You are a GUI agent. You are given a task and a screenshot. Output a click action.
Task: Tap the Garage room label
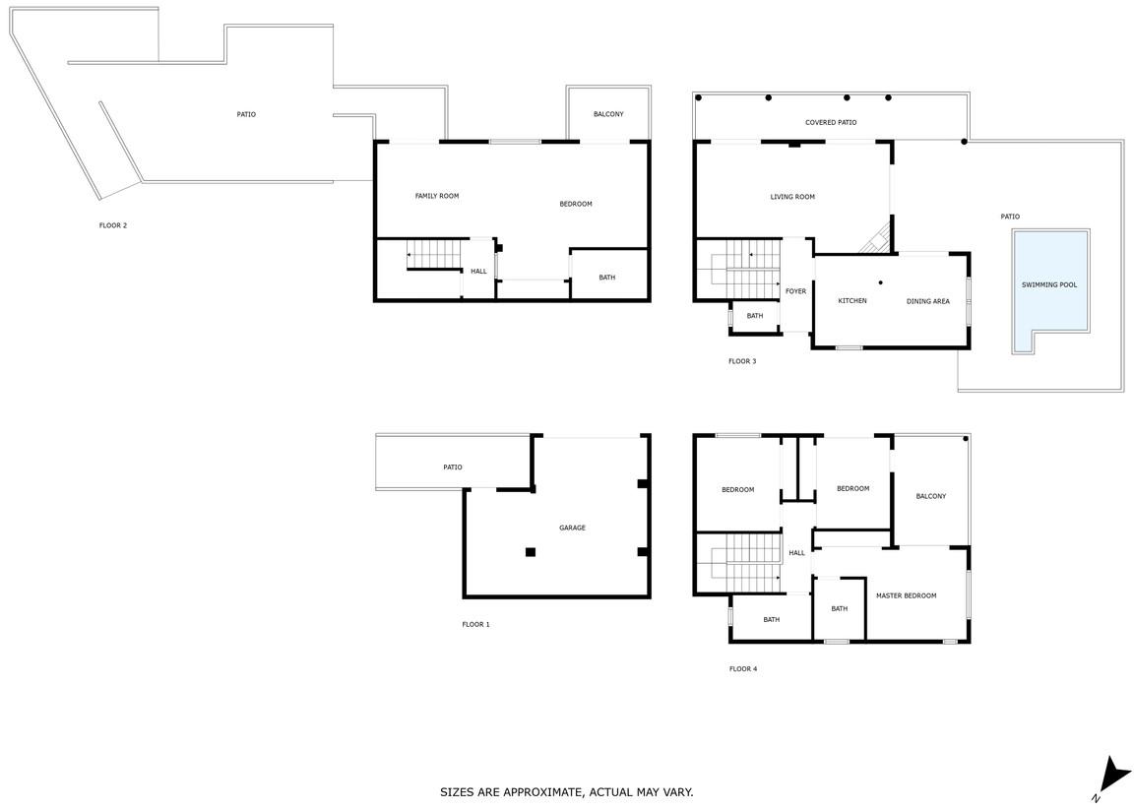tap(572, 528)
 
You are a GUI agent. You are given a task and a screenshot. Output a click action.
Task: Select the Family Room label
tap(437, 196)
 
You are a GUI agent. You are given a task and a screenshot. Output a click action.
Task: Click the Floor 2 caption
tap(113, 225)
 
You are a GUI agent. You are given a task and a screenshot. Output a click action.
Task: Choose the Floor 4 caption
tap(743, 669)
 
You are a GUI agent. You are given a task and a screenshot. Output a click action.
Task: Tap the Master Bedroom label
tap(907, 595)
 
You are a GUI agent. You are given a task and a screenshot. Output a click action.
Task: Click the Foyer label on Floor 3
tap(795, 291)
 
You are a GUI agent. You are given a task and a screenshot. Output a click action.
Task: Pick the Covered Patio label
tap(831, 123)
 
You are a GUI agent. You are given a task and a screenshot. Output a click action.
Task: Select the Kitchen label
tap(851, 301)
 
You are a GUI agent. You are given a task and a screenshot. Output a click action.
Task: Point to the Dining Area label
tap(928, 301)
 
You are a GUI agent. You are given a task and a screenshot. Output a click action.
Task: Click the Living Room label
tap(792, 197)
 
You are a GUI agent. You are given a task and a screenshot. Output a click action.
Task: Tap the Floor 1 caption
tap(475, 625)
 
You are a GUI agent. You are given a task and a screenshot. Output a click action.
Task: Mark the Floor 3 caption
tap(742, 361)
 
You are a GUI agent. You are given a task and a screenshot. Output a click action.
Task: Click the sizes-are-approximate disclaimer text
tap(566, 792)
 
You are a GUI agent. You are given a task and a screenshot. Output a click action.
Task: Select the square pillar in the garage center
tap(531, 552)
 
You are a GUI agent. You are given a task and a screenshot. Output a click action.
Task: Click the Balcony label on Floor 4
tap(931, 497)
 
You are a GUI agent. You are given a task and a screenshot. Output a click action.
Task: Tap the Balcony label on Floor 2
tap(608, 114)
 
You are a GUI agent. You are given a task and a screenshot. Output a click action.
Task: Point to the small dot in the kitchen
tap(880, 282)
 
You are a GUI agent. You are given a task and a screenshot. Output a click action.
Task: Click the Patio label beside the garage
tap(453, 467)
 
